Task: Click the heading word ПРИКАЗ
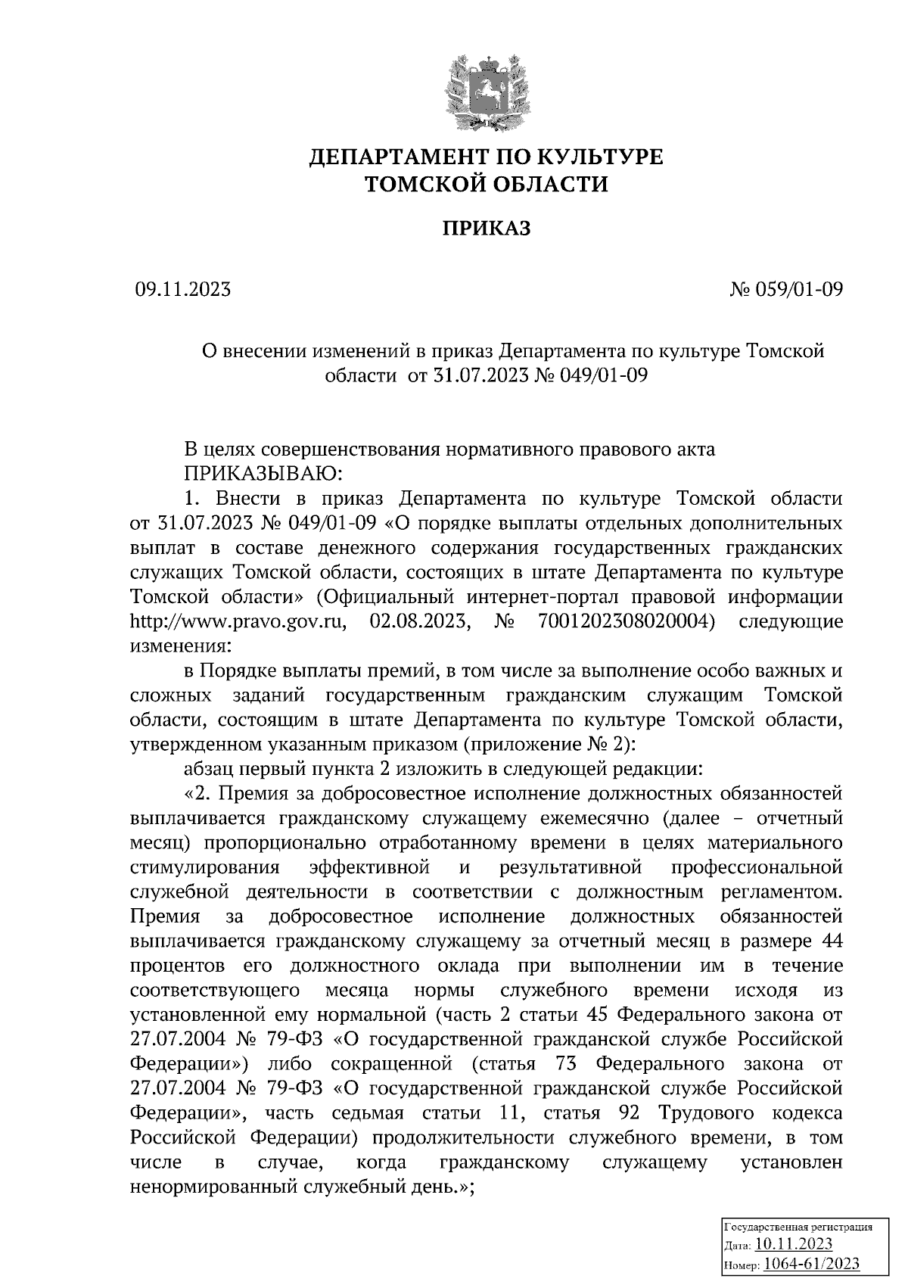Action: click(487, 228)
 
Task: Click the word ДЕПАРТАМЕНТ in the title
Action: click(398, 157)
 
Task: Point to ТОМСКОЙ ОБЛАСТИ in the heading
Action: click(487, 184)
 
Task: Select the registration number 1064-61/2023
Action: click(810, 1264)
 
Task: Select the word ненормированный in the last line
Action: click(214, 1187)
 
